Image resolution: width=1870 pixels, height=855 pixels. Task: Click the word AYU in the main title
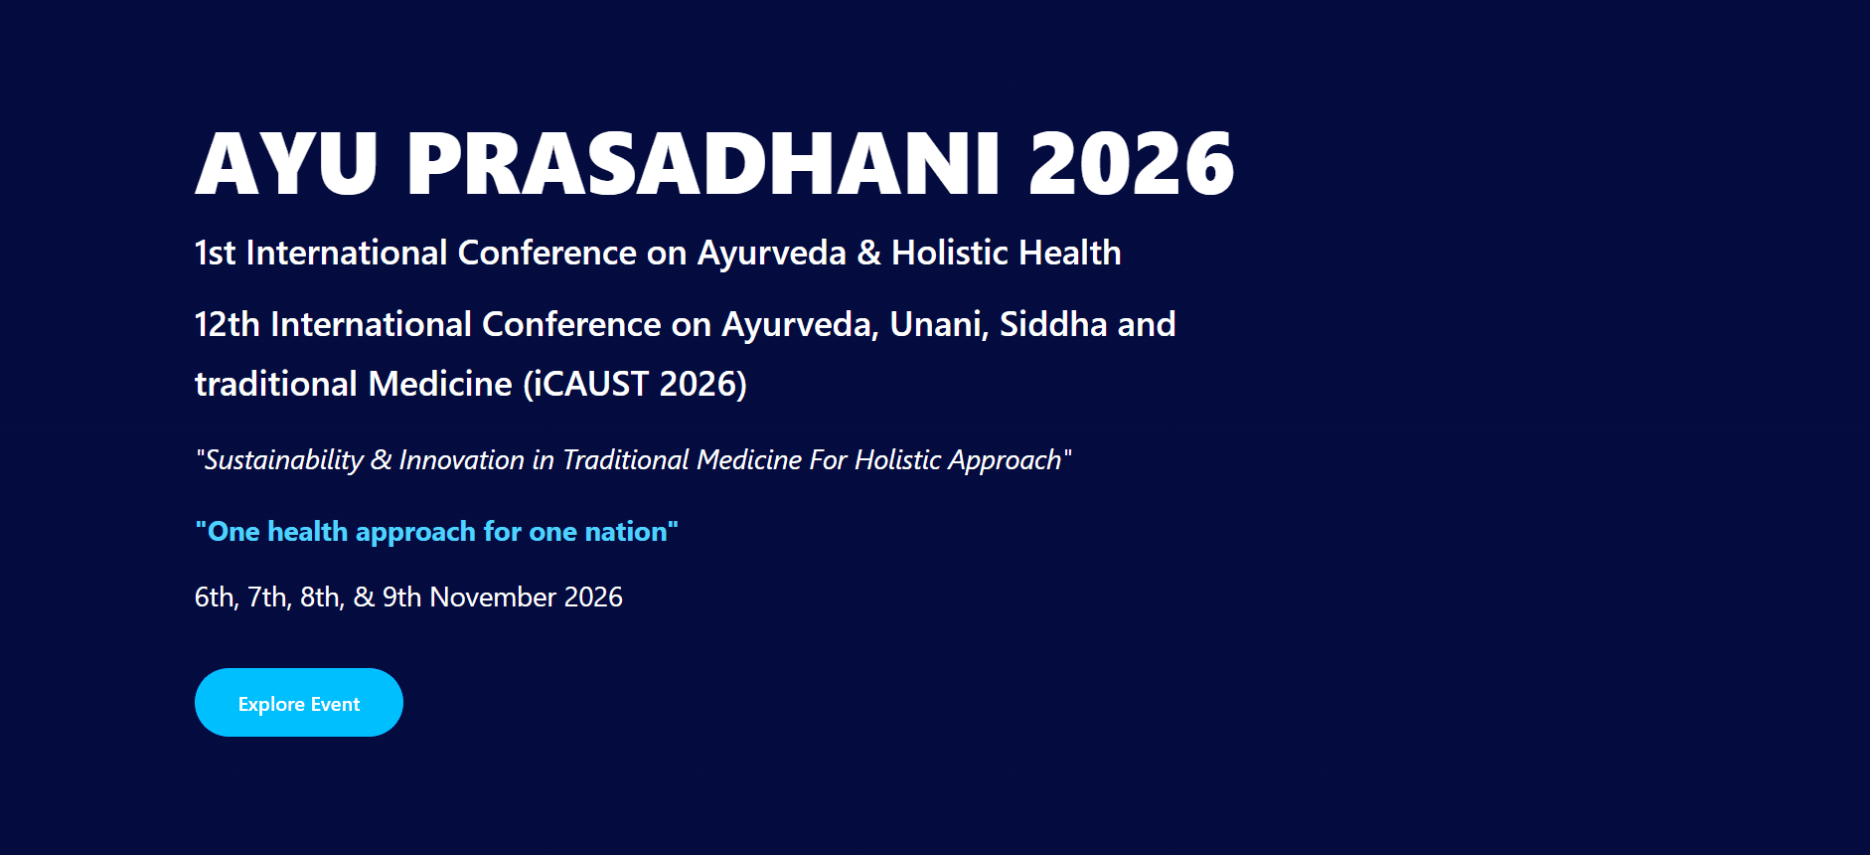click(286, 163)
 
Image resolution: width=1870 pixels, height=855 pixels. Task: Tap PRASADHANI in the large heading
click(702, 163)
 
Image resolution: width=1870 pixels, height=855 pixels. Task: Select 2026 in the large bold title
click(1132, 163)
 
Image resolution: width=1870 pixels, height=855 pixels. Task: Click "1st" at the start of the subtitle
click(215, 253)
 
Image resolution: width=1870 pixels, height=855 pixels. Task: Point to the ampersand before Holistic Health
click(868, 253)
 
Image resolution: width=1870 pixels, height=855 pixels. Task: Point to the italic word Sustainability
click(284, 460)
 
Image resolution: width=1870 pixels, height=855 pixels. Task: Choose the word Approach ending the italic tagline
click(1005, 460)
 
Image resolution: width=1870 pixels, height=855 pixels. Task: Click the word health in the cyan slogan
click(308, 532)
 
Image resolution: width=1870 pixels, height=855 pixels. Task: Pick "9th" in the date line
click(401, 597)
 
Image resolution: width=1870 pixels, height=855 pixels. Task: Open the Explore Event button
click(299, 703)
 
